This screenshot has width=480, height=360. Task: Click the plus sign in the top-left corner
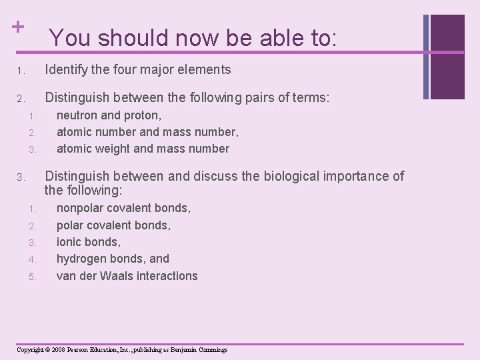18,27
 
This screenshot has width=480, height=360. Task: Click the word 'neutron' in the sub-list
78,115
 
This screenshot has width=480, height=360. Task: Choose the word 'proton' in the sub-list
141,115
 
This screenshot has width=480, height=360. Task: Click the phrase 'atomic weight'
91,149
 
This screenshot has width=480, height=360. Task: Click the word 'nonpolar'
81,209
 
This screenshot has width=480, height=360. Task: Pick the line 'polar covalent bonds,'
113,225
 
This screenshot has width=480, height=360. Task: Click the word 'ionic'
70,242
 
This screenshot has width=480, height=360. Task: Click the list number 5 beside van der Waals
32,277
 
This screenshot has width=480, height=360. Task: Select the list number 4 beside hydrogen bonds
32,259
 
